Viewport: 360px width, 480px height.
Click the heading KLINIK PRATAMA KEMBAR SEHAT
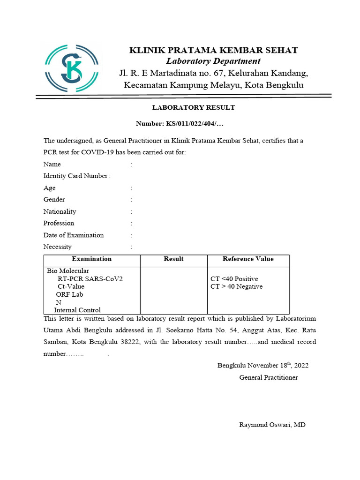213,50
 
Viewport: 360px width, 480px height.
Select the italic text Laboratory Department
213,61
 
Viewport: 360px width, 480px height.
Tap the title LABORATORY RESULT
193,107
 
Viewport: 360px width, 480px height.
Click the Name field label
52,165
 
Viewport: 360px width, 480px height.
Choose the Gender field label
54,200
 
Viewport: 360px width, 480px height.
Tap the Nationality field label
60,211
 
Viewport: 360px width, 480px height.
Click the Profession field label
59,223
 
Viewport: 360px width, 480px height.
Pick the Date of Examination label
74,235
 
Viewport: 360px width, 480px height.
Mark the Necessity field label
58,247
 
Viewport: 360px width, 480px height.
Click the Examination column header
92,259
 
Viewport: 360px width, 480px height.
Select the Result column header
173,259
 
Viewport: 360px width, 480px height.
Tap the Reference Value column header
248,259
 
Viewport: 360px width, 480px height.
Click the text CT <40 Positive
234,279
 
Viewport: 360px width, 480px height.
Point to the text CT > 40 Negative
237,286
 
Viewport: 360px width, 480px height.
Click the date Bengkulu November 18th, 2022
263,366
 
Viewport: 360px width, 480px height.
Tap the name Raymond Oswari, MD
272,425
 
